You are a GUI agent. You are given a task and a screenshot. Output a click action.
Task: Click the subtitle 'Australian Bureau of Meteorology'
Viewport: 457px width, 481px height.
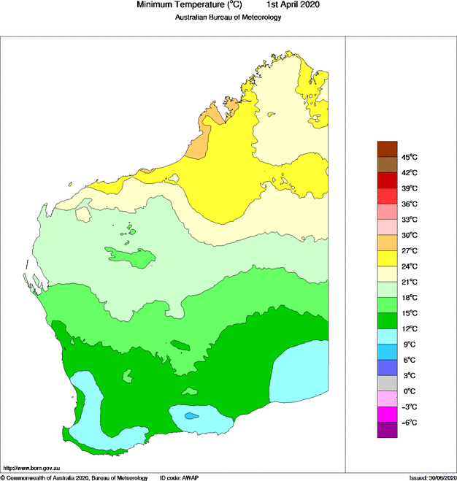[228, 18]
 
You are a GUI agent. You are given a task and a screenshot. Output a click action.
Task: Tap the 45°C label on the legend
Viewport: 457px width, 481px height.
[409, 157]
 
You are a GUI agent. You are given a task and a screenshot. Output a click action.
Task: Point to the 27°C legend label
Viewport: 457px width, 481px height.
[409, 250]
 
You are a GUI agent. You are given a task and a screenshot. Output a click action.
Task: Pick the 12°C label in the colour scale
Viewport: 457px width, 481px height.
[409, 328]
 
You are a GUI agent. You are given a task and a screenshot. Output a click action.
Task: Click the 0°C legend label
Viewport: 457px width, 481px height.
[410, 391]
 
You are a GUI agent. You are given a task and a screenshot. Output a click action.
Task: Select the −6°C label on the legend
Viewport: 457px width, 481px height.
[409, 423]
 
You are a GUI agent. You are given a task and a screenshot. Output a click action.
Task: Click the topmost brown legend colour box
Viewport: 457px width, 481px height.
[387, 149]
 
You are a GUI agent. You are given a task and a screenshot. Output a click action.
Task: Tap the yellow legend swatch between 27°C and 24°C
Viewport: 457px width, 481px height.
[387, 258]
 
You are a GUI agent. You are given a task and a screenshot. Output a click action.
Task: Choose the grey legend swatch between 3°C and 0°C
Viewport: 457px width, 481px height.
[387, 383]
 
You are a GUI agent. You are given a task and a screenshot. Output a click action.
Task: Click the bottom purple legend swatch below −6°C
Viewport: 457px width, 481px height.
[387, 431]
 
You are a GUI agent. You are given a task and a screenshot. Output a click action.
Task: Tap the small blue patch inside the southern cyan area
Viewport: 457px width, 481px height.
[191, 416]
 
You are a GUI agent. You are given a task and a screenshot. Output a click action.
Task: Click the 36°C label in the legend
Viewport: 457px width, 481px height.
[409, 204]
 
